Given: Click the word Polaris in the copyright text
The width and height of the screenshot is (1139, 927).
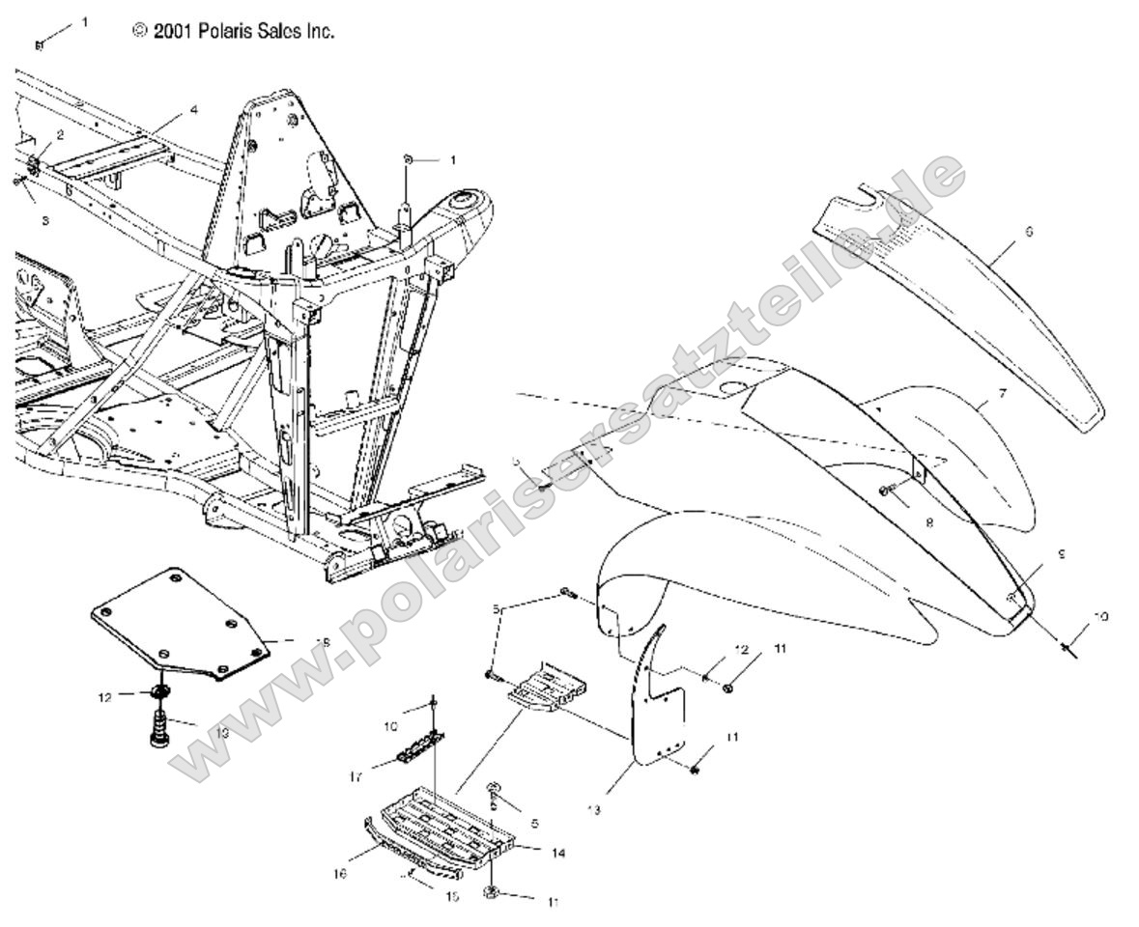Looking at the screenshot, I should click(225, 32).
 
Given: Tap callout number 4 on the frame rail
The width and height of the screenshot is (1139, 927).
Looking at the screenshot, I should click(193, 110).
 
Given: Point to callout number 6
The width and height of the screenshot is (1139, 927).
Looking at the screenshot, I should click(1028, 232).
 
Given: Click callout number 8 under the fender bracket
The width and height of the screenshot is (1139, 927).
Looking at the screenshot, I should click(929, 521).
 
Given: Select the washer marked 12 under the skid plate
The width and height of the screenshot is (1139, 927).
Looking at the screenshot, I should click(161, 694).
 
